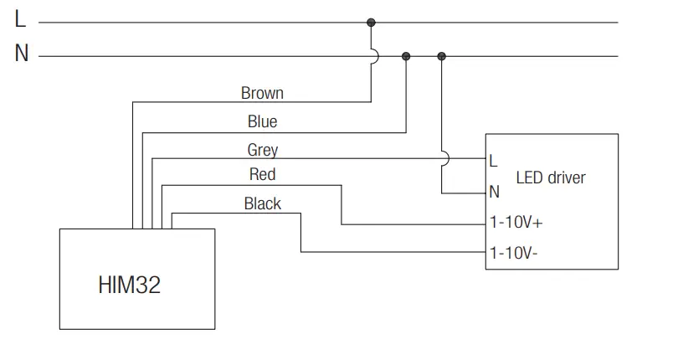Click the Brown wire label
[262, 93]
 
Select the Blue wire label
[262, 121]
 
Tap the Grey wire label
[263, 150]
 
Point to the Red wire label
[262, 174]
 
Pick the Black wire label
[263, 203]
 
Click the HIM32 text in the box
[129, 285]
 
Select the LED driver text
[551, 177]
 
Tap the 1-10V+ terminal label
[516, 223]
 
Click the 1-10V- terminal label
[513, 253]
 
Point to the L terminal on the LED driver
[493, 162]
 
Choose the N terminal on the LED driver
[494, 192]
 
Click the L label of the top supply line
[20, 19]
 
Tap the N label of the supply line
[22, 54]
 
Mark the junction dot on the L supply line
[371, 23]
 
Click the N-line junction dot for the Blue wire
[406, 56]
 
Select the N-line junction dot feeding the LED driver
[441, 56]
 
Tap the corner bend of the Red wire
[342, 186]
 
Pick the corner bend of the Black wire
[301, 213]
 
